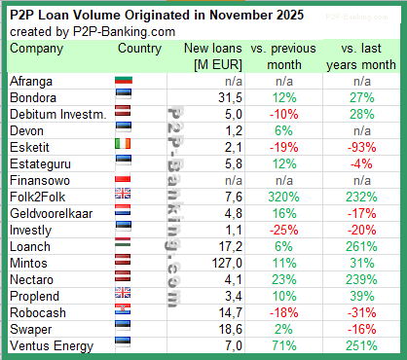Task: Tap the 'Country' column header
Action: click(139, 48)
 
